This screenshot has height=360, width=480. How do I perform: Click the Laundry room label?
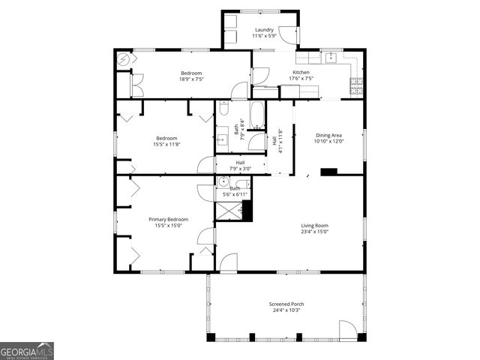tap(263, 29)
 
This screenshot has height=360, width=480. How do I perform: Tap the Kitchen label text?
tap(301, 72)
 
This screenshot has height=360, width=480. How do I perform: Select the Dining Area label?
tap(328, 135)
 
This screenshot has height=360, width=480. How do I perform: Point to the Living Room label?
tap(314, 225)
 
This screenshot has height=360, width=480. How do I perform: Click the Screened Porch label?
tap(286, 304)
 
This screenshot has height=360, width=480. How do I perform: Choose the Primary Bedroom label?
tap(171, 219)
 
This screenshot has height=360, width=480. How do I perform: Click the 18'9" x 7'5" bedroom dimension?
tap(191, 79)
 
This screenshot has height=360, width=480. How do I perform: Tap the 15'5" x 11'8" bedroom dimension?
tap(166, 144)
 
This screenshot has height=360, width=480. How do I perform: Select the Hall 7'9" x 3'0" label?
tap(240, 166)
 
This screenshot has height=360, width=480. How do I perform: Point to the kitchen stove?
tap(355, 86)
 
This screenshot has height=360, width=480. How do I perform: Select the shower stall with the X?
tap(228, 211)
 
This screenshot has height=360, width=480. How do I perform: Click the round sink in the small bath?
tap(223, 181)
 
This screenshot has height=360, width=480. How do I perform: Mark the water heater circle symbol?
tap(124, 59)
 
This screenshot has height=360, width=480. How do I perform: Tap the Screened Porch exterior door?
tap(347, 330)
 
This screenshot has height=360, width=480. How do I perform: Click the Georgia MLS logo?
tap(27, 351)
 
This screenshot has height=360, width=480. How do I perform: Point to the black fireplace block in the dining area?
tap(328, 172)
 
